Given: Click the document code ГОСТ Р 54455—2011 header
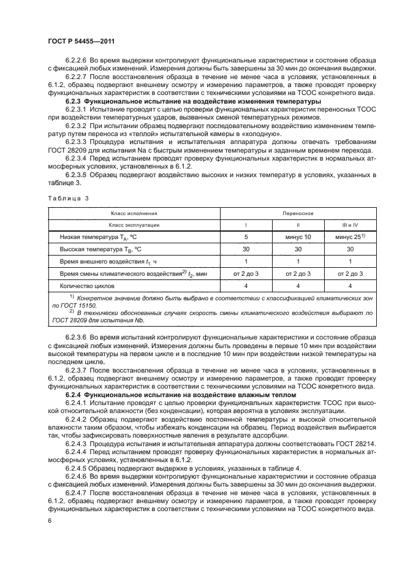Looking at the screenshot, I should click(x=81, y=40).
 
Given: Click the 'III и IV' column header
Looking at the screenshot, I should click(x=350, y=224).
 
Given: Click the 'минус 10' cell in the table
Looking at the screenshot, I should click(x=298, y=237).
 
